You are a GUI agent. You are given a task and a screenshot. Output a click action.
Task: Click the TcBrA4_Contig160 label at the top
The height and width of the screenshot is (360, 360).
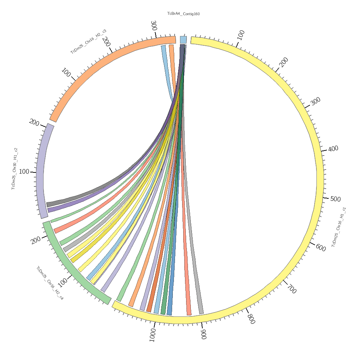click(183, 14)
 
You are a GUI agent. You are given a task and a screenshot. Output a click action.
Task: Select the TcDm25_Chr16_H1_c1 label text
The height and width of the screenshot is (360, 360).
click(339, 227)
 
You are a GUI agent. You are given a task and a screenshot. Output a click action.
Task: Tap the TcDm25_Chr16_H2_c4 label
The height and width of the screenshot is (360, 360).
click(50, 283)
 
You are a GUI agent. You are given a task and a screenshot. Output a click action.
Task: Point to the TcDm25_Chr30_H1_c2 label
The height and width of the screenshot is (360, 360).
click(15, 168)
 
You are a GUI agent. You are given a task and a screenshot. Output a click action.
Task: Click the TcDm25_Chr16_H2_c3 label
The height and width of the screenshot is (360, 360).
click(88, 42)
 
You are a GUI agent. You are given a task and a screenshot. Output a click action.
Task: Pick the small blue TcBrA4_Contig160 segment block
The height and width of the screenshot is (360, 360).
click(183, 40)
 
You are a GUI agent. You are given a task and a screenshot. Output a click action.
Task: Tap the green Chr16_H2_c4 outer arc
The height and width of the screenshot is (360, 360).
click(72, 266)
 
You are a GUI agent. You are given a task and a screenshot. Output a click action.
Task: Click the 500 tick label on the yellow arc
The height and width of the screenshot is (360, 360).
click(335, 199)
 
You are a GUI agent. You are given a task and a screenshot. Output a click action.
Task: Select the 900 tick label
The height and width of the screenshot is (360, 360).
click(203, 334)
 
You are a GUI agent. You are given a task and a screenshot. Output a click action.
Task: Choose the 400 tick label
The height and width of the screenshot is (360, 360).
click(333, 148)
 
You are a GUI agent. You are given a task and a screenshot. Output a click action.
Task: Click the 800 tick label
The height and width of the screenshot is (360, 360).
click(251, 319)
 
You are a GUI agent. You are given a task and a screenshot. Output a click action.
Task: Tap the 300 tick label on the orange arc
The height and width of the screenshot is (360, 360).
click(153, 26)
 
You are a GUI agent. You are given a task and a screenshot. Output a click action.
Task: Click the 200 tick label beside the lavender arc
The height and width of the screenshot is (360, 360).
click(34, 123)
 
